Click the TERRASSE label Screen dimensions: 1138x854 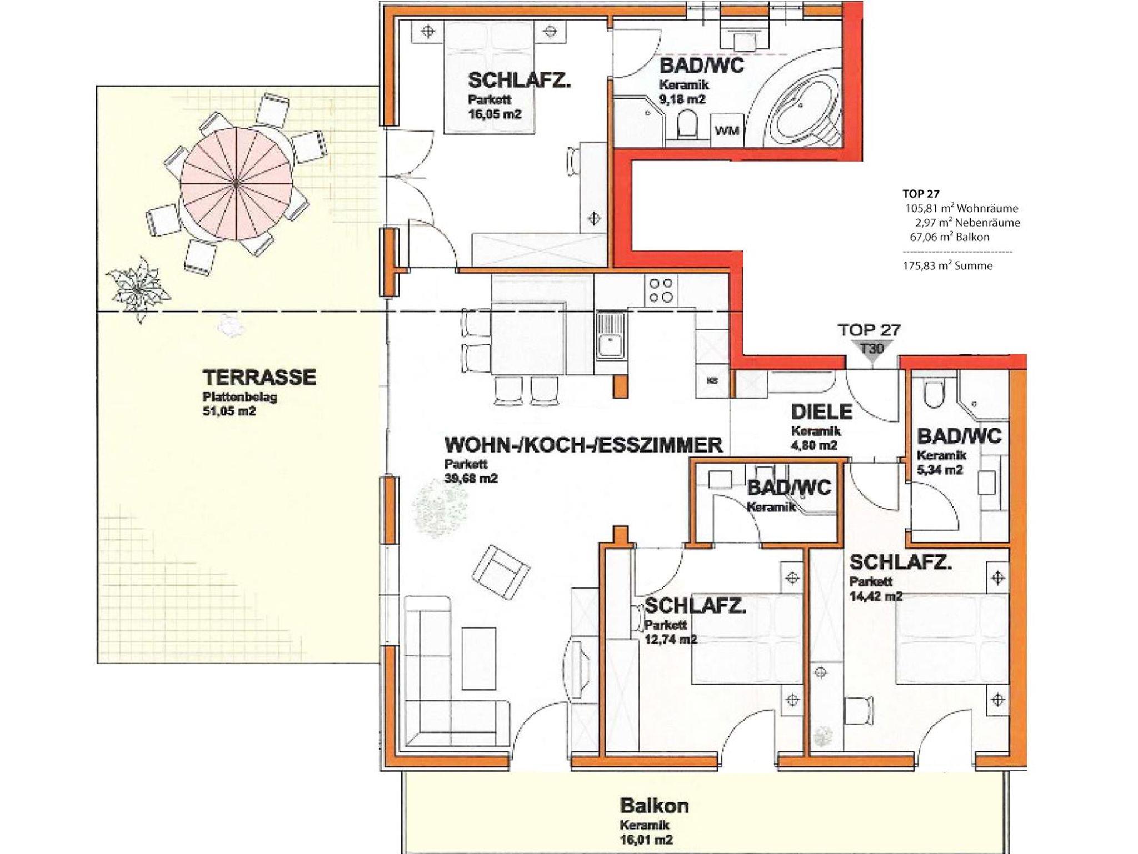(259, 378)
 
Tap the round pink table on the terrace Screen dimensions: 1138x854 (237, 183)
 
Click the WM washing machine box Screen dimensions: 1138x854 (727, 131)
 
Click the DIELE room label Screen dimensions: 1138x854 (821, 412)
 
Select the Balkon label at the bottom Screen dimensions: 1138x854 (654, 805)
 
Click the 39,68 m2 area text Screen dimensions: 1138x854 (471, 479)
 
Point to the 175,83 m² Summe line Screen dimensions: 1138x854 (947, 265)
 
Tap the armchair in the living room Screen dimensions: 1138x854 (501, 572)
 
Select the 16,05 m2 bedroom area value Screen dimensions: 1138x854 (495, 114)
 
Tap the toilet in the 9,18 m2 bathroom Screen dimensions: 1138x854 (687, 124)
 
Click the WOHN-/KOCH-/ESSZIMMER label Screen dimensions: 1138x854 (583, 445)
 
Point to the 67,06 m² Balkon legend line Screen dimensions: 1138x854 (949, 237)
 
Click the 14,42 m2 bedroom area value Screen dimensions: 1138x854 (876, 596)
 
